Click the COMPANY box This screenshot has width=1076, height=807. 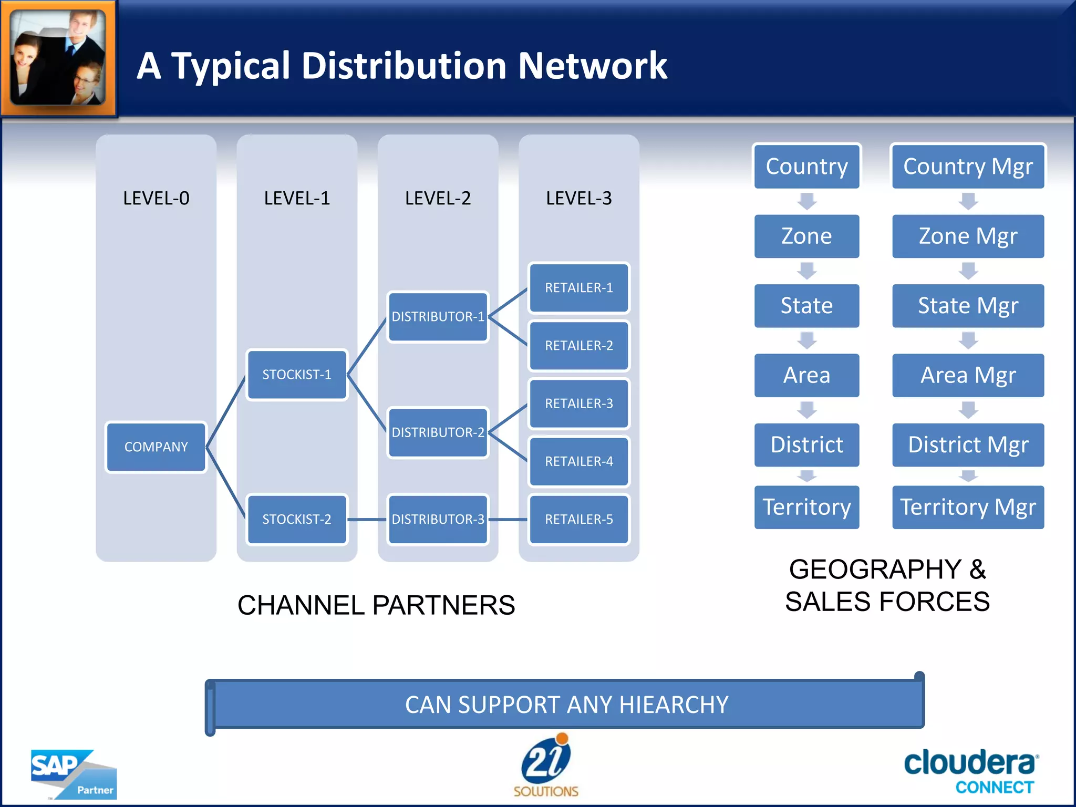(156, 447)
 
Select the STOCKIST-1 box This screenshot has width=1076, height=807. (297, 375)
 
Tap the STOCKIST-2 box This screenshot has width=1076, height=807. (297, 519)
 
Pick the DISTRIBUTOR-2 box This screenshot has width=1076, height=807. (438, 432)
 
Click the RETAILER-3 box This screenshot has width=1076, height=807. (579, 403)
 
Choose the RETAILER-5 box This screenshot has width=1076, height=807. (579, 519)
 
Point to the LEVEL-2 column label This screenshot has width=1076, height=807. (438, 198)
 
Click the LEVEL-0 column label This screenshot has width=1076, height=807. (156, 198)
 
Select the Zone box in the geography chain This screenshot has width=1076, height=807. (806, 236)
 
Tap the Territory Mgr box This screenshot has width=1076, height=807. (968, 507)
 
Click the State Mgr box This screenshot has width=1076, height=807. (968, 306)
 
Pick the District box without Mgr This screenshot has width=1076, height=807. (806, 444)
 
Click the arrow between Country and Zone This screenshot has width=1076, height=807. (806, 201)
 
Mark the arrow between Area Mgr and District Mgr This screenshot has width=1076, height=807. (968, 410)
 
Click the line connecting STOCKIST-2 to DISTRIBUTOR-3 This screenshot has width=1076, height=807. (367, 520)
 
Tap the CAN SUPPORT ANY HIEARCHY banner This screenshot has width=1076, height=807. (566, 705)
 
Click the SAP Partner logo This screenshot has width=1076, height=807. (74, 774)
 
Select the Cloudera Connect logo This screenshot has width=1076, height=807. (970, 771)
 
